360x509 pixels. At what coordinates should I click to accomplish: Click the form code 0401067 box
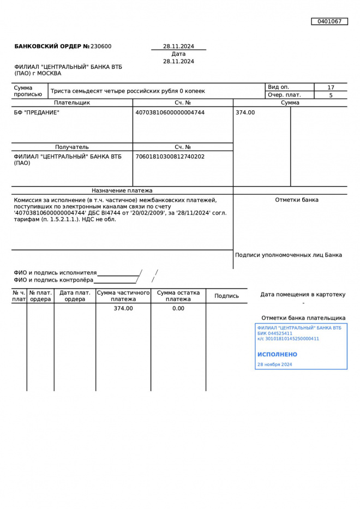329,21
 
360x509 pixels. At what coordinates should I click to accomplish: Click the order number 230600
101,46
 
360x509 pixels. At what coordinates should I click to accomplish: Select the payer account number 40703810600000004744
170,112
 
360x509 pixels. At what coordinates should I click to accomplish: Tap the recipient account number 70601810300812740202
170,157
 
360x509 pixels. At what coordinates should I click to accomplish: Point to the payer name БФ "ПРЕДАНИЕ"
37,112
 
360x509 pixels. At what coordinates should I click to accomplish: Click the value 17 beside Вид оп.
331,87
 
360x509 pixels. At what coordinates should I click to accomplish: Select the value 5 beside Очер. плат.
331,95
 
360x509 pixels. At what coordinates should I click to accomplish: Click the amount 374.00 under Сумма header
245,112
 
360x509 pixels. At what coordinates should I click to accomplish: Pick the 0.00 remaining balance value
178,308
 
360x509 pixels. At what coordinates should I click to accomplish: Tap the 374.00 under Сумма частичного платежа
123,308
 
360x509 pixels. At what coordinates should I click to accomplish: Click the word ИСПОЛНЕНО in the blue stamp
277,355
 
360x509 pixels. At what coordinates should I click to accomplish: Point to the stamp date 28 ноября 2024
274,364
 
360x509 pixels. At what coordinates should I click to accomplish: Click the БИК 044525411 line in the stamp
274,333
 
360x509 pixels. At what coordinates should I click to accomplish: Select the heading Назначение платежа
122,191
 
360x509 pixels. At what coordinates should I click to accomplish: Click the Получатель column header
71,147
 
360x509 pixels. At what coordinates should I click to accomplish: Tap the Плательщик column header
71,103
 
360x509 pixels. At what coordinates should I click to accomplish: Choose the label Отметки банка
297,200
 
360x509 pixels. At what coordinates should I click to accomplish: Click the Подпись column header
226,296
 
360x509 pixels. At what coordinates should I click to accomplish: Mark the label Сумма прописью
28,91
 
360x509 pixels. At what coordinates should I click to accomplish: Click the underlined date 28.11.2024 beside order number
178,46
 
